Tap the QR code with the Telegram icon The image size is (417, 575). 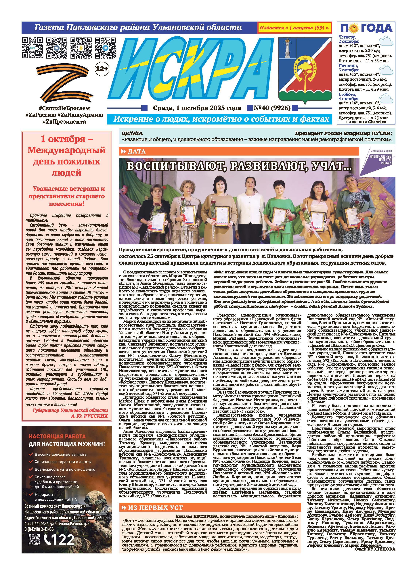(105, 48)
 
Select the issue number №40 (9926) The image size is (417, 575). (272, 108)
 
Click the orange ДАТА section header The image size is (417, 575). (238, 151)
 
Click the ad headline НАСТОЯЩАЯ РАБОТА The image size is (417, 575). (57, 436)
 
